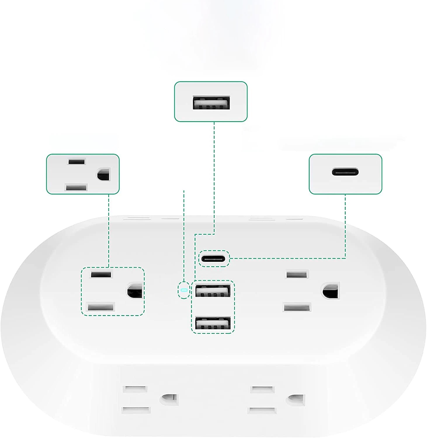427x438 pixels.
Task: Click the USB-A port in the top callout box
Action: [x=211, y=102]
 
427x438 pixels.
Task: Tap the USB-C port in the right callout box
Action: [x=345, y=172]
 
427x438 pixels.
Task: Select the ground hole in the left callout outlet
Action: [x=103, y=175]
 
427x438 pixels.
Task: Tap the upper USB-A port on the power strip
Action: [x=213, y=291]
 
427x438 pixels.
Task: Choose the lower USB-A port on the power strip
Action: [x=213, y=323]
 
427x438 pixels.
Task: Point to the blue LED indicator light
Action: [x=184, y=290]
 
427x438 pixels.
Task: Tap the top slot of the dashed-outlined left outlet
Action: [x=101, y=275]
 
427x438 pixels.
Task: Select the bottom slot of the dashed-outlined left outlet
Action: [x=101, y=307]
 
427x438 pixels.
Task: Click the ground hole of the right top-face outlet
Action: [x=331, y=291]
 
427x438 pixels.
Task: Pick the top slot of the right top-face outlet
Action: [x=297, y=274]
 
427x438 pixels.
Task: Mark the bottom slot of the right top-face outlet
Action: [x=297, y=307]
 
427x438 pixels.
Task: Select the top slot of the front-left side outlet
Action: [x=135, y=389]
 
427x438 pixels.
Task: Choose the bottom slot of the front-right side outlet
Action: [x=262, y=410]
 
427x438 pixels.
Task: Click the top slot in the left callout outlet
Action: [x=77, y=162]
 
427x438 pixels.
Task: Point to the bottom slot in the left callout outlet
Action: [x=77, y=187]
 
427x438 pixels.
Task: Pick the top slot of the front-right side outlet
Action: [x=263, y=390]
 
